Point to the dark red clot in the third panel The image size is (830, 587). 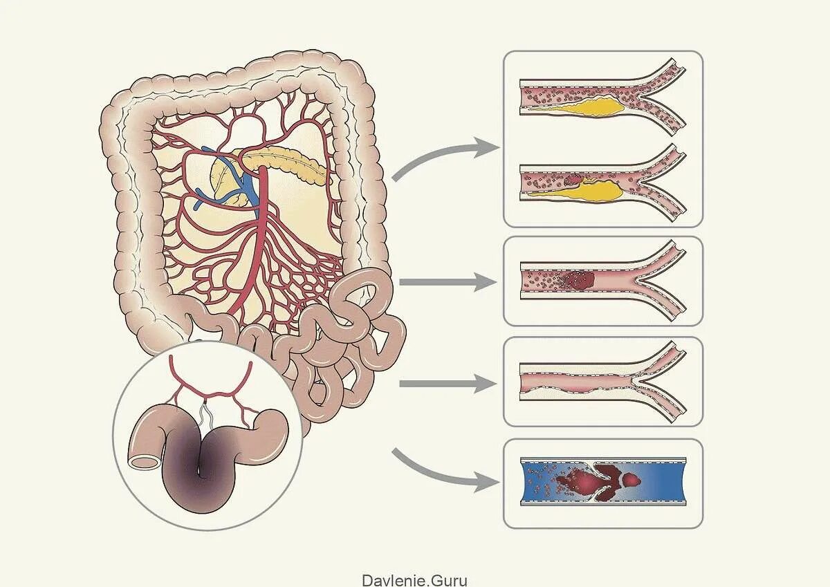(x=580, y=280)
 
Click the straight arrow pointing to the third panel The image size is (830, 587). (x=446, y=282)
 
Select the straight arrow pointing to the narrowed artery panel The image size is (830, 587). (x=446, y=383)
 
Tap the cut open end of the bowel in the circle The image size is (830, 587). (x=143, y=458)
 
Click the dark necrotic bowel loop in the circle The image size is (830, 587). (x=201, y=477)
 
